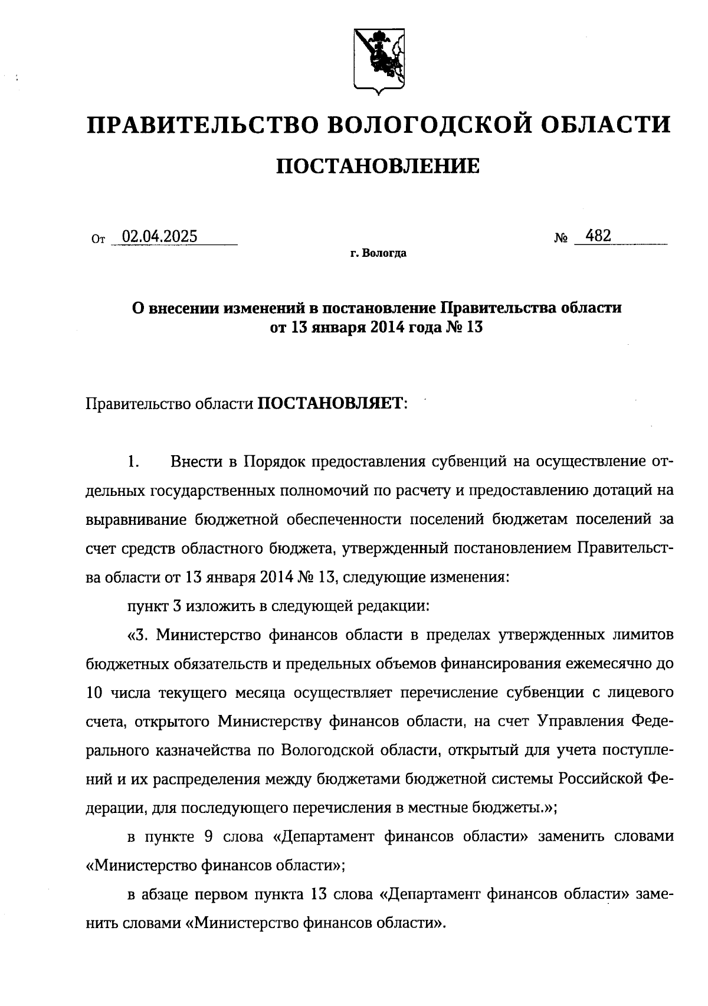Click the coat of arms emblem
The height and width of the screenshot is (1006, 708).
(378, 60)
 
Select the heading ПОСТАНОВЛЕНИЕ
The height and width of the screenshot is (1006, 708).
(378, 166)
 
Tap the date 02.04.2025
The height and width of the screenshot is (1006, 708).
(159, 237)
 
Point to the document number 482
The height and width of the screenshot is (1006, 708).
(599, 236)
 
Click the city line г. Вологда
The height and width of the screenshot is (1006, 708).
(378, 254)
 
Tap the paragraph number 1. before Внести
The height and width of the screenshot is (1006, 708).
(133, 462)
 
